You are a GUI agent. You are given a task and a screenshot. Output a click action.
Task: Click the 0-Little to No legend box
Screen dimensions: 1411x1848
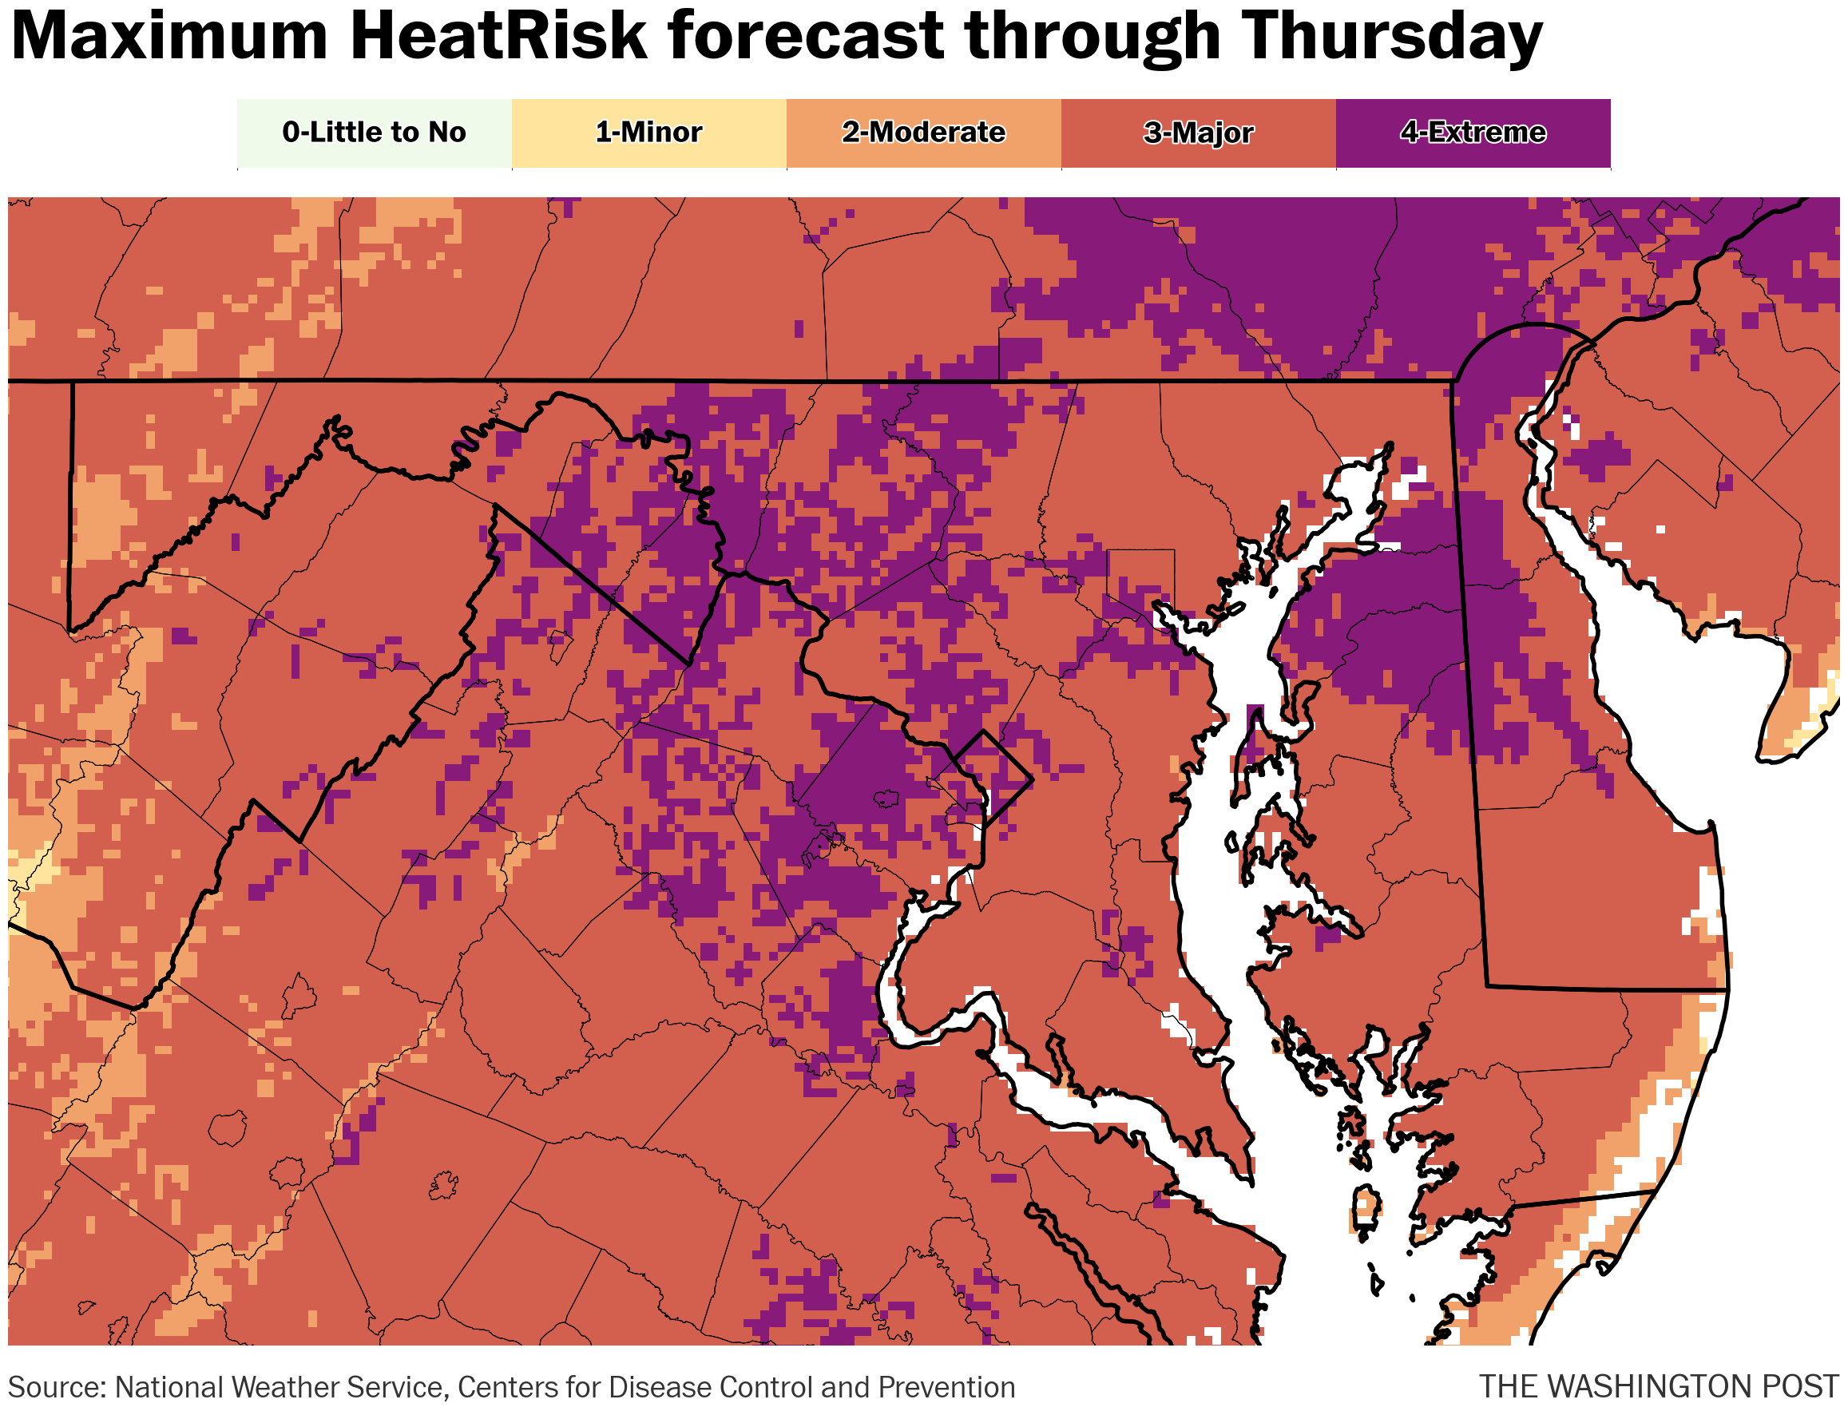(x=374, y=133)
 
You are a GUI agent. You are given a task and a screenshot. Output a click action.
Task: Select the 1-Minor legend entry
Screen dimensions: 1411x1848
(x=648, y=133)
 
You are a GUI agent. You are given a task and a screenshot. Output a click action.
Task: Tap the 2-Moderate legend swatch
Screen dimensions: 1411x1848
(x=923, y=133)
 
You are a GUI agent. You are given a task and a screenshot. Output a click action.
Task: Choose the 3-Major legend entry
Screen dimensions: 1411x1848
(x=1198, y=133)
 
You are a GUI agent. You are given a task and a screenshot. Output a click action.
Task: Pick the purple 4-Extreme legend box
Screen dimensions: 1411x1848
(x=1473, y=133)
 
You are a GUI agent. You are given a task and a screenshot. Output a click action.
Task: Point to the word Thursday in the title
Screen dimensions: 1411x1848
(x=1390, y=37)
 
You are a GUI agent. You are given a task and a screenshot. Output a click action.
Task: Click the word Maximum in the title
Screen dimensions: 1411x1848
(x=168, y=37)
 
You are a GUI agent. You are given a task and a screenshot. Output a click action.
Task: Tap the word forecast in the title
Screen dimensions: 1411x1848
(x=807, y=37)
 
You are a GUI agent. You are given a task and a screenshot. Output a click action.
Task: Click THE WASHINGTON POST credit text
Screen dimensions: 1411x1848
(x=1658, y=1386)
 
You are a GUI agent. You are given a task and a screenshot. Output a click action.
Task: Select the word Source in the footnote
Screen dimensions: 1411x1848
(x=55, y=1388)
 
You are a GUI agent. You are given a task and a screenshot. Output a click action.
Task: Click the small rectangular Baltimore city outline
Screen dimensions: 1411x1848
(x=1140, y=580)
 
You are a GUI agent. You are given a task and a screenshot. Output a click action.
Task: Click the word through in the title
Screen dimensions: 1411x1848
(x=1092, y=37)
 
